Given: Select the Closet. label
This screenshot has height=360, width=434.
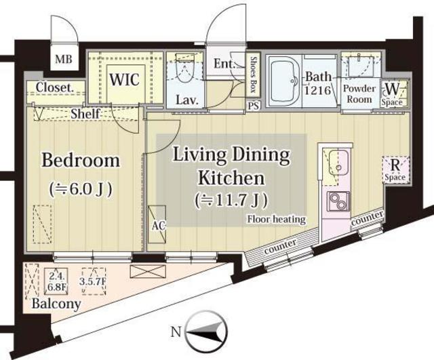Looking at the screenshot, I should (54, 87).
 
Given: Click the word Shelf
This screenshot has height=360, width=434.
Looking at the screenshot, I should (86, 114).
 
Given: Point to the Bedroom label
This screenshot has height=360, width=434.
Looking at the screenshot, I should (81, 161).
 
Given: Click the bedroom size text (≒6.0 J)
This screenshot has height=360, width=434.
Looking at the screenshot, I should (81, 187).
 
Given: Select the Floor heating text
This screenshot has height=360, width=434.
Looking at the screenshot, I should (276, 219).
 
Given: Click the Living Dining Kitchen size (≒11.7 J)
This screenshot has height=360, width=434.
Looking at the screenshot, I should (231, 201).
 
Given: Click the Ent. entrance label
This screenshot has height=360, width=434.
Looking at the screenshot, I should (224, 65).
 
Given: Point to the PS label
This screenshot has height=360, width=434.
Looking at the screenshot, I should (254, 106).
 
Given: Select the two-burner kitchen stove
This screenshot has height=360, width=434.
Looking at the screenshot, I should (336, 202).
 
